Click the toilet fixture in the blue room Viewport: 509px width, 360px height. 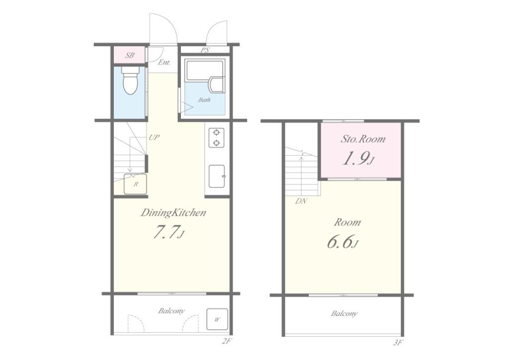click(x=130, y=80)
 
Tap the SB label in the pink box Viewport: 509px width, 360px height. click(x=130, y=56)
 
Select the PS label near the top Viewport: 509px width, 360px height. click(x=205, y=50)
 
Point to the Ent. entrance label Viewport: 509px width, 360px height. click(x=164, y=62)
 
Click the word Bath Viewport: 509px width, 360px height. click(x=204, y=99)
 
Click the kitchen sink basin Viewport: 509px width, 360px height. click(x=217, y=176)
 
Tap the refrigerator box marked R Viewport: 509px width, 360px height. click(x=135, y=184)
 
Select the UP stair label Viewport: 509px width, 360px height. click(x=154, y=137)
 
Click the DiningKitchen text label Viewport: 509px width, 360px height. click(x=173, y=213)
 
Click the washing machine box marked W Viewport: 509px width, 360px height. click(x=217, y=319)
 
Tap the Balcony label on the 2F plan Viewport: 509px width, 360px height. click(x=171, y=311)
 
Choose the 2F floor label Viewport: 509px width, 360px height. click(x=227, y=341)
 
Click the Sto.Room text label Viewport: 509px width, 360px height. click(x=363, y=139)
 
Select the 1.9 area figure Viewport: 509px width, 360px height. click(x=359, y=159)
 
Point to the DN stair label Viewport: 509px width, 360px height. click(x=301, y=201)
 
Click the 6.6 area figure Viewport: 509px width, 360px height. click(x=343, y=242)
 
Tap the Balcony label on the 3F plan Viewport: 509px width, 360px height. click(x=344, y=314)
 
